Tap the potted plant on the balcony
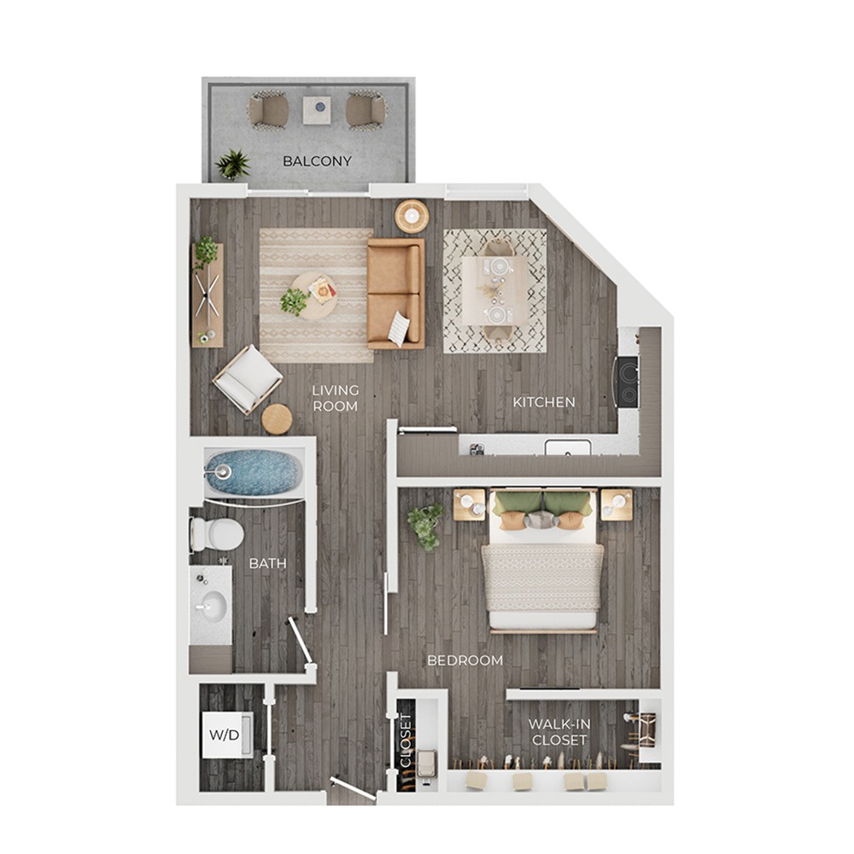point(232,164)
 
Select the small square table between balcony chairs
point(317,110)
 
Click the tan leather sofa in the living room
point(396,294)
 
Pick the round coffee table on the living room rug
point(313,295)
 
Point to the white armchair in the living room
point(248,379)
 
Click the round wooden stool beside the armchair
point(277,418)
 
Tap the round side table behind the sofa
point(412,216)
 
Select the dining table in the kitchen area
point(495,291)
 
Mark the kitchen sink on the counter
point(568,447)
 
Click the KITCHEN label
point(544,402)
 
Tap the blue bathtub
point(254,472)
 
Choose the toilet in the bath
point(217,534)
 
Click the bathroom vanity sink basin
point(211,606)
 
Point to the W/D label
point(225,735)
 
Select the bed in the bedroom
point(542,561)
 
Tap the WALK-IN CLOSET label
point(559,732)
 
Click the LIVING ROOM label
point(336,398)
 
